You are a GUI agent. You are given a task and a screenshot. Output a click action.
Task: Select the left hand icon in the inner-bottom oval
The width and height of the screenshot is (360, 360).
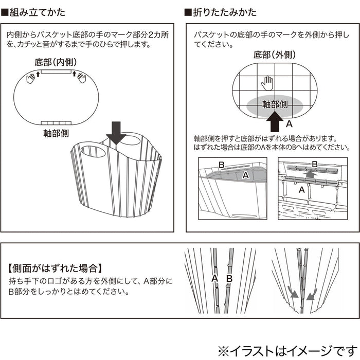coord(30,78)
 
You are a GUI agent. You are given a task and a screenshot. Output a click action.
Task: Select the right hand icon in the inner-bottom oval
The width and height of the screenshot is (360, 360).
coord(81,78)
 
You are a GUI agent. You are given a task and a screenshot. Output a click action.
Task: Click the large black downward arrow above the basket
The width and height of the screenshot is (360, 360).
coord(116,133)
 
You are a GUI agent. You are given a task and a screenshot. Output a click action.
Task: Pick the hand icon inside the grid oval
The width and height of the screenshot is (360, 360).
coord(266,81)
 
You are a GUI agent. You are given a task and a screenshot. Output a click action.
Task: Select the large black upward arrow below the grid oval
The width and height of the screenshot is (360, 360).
coord(275,123)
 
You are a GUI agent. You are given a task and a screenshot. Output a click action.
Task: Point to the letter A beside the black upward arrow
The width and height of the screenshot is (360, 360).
coord(289,124)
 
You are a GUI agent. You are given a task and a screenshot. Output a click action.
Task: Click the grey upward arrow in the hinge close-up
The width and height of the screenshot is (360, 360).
coord(309,175)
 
